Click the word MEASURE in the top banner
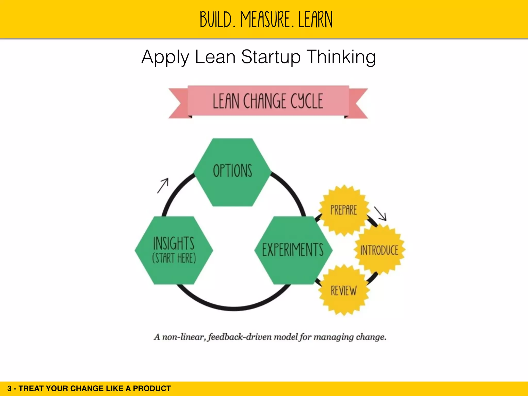267,20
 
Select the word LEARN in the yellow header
316,20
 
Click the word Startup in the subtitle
271,57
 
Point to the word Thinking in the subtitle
341,57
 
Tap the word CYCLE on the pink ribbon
307,101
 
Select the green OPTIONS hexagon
232,172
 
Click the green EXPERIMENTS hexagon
293,250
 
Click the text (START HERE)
174,258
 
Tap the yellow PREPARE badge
344,210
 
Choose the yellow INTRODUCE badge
379,250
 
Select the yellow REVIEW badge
344,291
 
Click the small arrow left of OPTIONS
163,185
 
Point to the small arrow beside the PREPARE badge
381,213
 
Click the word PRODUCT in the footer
152,389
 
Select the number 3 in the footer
10,389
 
